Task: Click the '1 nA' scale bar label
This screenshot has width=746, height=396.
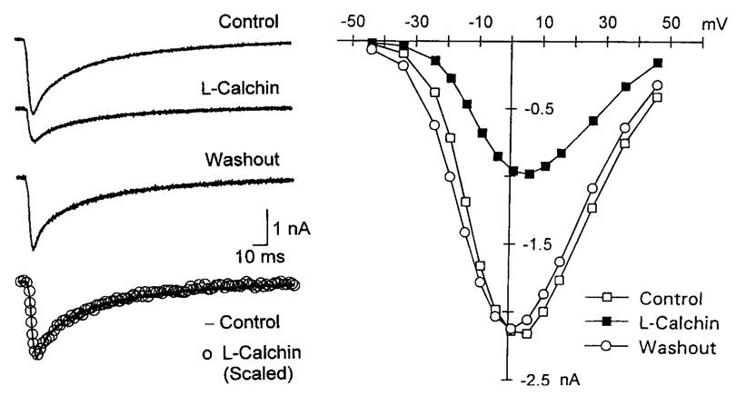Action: click(292, 229)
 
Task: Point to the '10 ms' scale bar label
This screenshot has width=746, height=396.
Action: click(261, 256)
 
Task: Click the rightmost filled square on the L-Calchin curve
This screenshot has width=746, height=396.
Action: click(658, 63)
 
